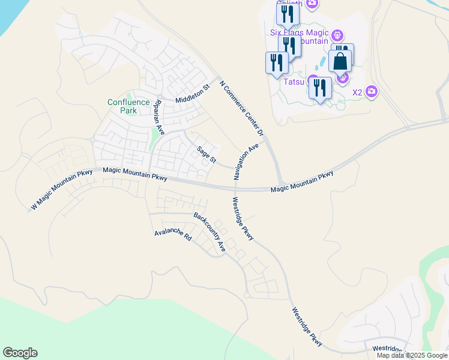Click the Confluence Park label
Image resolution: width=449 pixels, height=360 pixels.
[x=128, y=106]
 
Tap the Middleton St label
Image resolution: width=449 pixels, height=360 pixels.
[x=192, y=94]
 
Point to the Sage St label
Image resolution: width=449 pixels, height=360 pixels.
[x=206, y=154]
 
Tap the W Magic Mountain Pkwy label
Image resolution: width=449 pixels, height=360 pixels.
[x=62, y=190]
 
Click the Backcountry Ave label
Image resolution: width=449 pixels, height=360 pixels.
[x=209, y=231]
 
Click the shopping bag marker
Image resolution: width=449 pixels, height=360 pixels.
[x=340, y=62]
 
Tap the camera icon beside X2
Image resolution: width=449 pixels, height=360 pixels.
[x=372, y=91]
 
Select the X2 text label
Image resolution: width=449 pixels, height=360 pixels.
[x=357, y=92]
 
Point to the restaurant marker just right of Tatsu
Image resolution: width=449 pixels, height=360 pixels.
[x=320, y=88]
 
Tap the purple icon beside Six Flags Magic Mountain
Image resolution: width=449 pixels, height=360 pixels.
[x=337, y=35]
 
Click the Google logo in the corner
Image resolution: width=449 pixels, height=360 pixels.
[x=20, y=353]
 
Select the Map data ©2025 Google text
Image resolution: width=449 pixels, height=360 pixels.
[x=412, y=355]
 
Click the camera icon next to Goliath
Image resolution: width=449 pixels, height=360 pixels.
[x=312, y=3]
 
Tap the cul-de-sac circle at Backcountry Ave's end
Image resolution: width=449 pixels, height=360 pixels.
[x=247, y=295]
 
